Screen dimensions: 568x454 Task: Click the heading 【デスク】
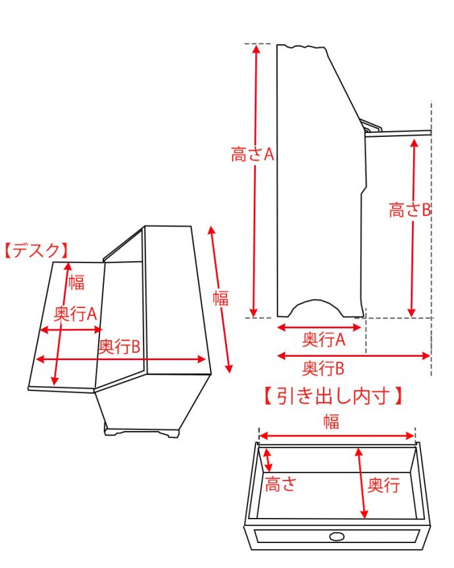coord(36,250)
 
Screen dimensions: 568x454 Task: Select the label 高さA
coord(252,155)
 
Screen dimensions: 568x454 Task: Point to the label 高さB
coord(409,211)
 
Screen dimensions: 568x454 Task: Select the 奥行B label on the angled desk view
coord(119,347)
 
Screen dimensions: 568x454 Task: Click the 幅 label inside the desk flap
coord(76,284)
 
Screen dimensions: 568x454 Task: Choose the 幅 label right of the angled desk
coord(220,298)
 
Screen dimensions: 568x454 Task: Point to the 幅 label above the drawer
coord(331,423)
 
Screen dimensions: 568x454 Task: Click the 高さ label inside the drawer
coord(280,485)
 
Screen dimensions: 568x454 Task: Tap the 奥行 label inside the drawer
coord(383,485)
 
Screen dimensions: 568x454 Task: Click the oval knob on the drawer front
coord(336,536)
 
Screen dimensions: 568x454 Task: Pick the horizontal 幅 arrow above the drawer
coord(337,436)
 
